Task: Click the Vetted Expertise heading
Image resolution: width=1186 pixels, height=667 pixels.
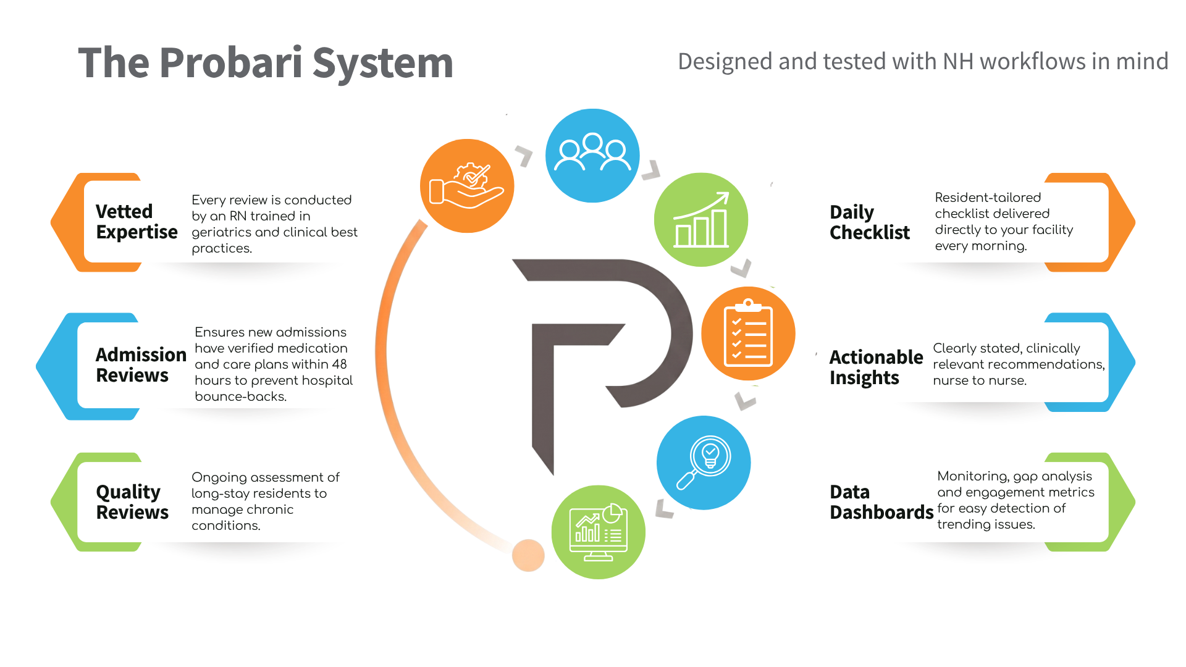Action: click(x=137, y=222)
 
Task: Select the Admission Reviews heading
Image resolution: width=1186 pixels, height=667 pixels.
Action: click(x=141, y=365)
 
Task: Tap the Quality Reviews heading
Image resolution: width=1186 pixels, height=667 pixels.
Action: click(x=132, y=501)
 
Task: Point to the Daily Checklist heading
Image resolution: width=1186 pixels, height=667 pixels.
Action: click(x=870, y=222)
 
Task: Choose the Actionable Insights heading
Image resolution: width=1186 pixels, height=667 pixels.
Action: click(x=876, y=367)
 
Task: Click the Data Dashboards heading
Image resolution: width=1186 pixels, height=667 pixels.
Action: click(x=881, y=502)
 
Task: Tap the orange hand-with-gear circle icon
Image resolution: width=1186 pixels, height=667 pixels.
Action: click(x=467, y=186)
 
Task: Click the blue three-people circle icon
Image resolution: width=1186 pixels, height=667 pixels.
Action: click(x=592, y=156)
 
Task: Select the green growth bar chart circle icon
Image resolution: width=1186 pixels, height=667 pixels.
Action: click(x=701, y=220)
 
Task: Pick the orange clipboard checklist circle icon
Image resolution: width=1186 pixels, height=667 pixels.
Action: click(x=748, y=333)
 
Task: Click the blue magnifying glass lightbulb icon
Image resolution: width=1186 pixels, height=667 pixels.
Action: click(x=704, y=463)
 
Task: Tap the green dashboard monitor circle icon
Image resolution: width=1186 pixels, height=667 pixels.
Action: click(x=598, y=532)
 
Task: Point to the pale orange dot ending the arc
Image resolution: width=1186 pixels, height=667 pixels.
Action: click(x=528, y=555)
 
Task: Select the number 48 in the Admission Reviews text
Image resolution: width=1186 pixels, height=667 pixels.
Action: click(x=339, y=364)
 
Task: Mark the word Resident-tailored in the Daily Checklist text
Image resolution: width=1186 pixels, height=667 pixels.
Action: click(x=988, y=198)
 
